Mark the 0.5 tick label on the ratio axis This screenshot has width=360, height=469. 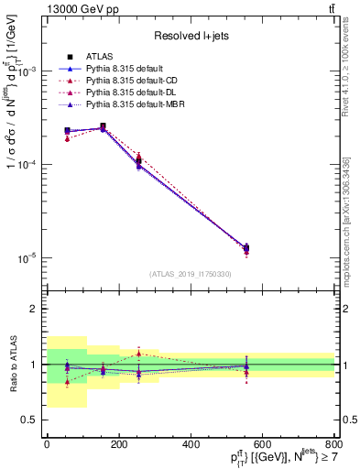pyautogui.click(x=29, y=420)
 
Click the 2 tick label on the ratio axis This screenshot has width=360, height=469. pyautogui.click(x=35, y=310)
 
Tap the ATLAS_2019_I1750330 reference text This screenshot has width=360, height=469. pyautogui.click(x=190, y=274)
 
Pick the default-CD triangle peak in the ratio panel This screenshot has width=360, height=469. pyautogui.click(x=137, y=353)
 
